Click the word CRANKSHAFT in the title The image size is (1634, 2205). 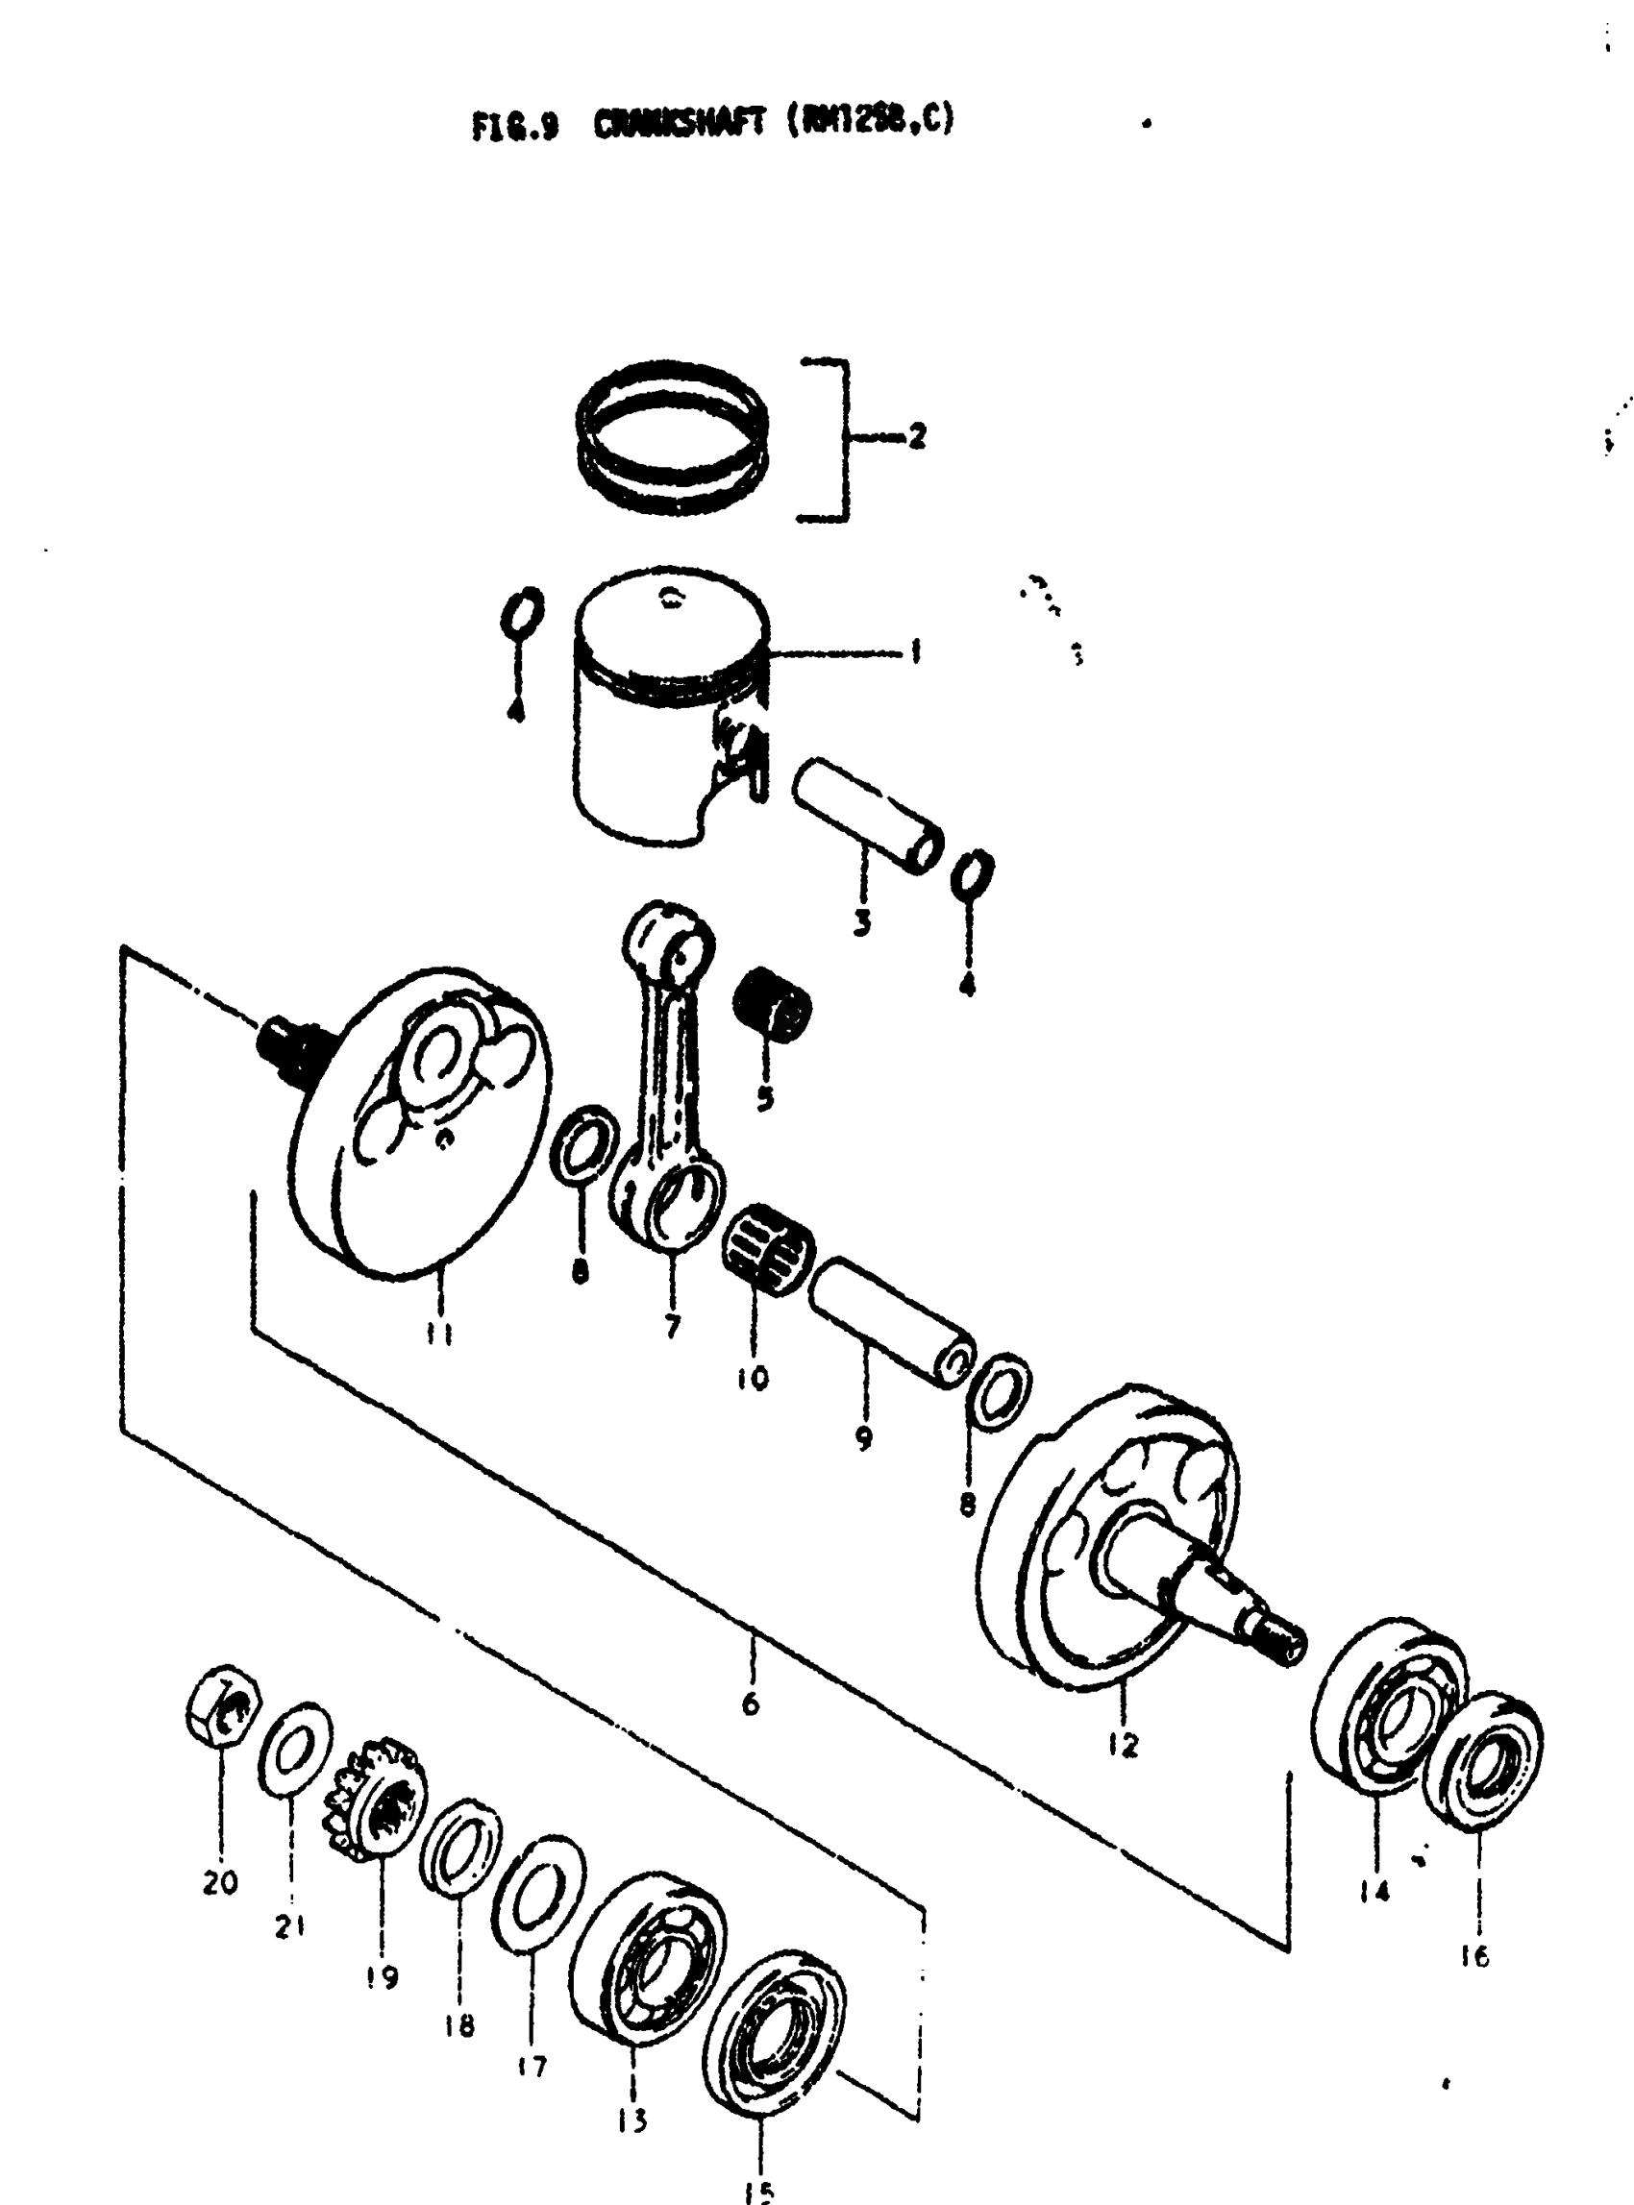[680, 125]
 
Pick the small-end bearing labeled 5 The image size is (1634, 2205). [773, 1004]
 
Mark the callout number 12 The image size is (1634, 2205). [1123, 1745]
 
